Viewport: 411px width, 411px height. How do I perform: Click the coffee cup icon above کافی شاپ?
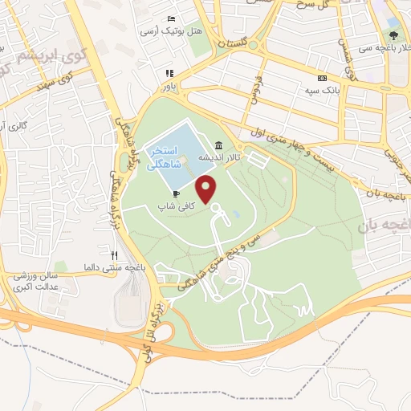(x=176, y=193)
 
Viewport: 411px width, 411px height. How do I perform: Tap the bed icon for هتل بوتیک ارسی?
(x=170, y=19)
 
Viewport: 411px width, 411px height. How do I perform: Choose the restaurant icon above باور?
(x=169, y=72)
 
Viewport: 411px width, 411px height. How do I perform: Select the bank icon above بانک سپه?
(x=322, y=79)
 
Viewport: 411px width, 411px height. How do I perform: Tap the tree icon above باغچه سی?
(x=393, y=35)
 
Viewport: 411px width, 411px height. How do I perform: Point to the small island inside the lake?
(x=183, y=166)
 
